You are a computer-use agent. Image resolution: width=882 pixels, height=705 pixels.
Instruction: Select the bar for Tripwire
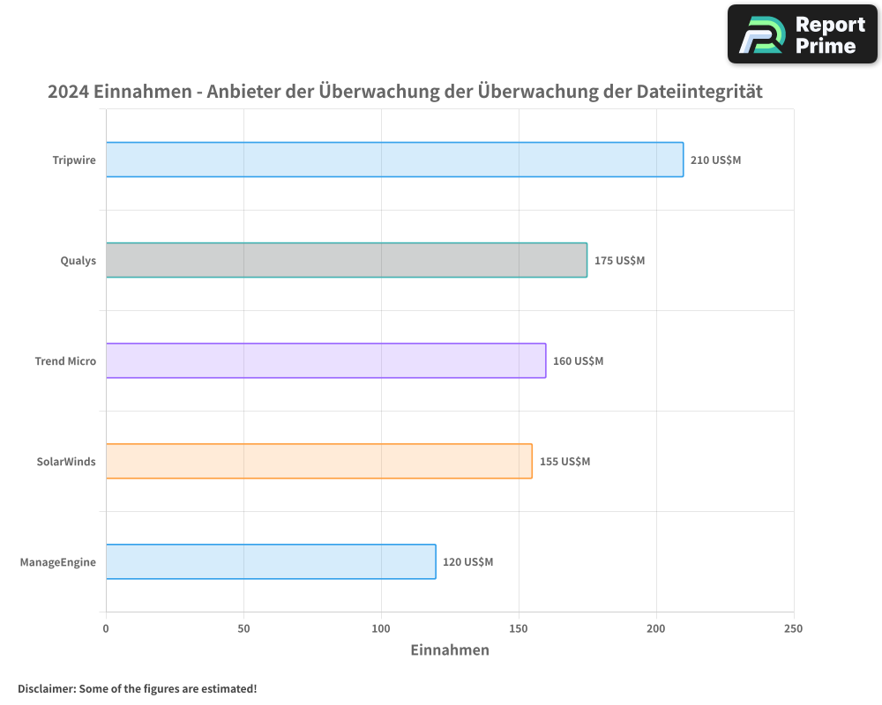pos(394,160)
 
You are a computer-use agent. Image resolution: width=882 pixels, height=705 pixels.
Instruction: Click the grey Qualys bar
pos(346,260)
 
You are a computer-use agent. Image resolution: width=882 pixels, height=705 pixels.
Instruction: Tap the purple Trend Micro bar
pos(325,360)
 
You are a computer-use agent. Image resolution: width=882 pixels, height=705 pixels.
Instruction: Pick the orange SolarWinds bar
pos(318,461)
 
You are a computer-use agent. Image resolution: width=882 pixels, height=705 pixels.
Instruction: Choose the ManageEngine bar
pos(271,561)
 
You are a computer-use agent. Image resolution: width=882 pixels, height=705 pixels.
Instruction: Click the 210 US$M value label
pos(715,160)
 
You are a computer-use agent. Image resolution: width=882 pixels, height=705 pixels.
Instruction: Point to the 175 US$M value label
pos(619,261)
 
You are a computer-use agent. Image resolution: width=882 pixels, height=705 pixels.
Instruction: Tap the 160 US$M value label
pos(578,361)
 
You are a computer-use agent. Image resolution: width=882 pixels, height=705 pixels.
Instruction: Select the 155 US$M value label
pos(564,462)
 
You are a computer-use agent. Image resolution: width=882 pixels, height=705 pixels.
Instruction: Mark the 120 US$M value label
pos(467,562)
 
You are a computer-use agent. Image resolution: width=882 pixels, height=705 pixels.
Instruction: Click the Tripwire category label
pos(74,160)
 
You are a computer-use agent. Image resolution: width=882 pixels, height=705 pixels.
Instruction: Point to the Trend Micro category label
pos(65,361)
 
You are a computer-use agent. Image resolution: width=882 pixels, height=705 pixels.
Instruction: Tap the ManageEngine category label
pos(58,562)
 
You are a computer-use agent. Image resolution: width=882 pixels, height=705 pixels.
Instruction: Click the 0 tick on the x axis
pos(106,628)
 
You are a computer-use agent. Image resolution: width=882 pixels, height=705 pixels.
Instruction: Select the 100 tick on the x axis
pos(381,628)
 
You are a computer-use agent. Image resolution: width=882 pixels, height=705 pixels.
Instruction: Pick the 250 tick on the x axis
pos(794,628)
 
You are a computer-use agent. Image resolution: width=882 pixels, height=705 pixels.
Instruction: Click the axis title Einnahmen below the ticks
pos(450,650)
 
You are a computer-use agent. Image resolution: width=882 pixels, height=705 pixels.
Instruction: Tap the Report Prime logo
pos(803,34)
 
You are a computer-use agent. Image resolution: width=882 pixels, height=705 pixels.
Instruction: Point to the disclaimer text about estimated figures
pos(137,688)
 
